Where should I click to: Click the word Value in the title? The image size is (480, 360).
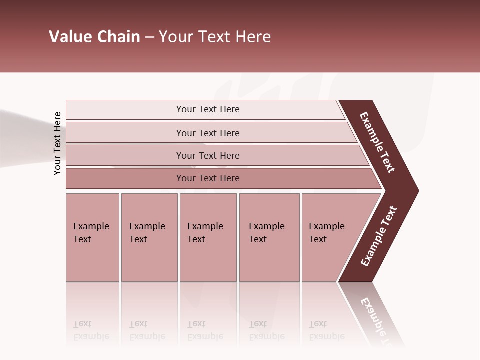pyautogui.click(x=70, y=37)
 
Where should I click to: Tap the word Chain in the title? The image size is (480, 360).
pyautogui.click(x=119, y=37)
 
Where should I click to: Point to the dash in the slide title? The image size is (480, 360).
pyautogui.click(x=149, y=37)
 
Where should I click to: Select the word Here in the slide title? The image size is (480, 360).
pyautogui.click(x=253, y=37)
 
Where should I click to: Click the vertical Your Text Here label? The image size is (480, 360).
pyautogui.click(x=57, y=143)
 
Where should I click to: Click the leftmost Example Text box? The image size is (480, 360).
pyautogui.click(x=92, y=237)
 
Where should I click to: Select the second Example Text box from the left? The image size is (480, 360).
pyautogui.click(x=149, y=237)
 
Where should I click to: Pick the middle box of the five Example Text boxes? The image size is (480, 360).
pyautogui.click(x=208, y=237)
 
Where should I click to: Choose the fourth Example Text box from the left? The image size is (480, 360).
pyautogui.click(x=269, y=237)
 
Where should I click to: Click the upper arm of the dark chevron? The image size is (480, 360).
pyautogui.click(x=378, y=143)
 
